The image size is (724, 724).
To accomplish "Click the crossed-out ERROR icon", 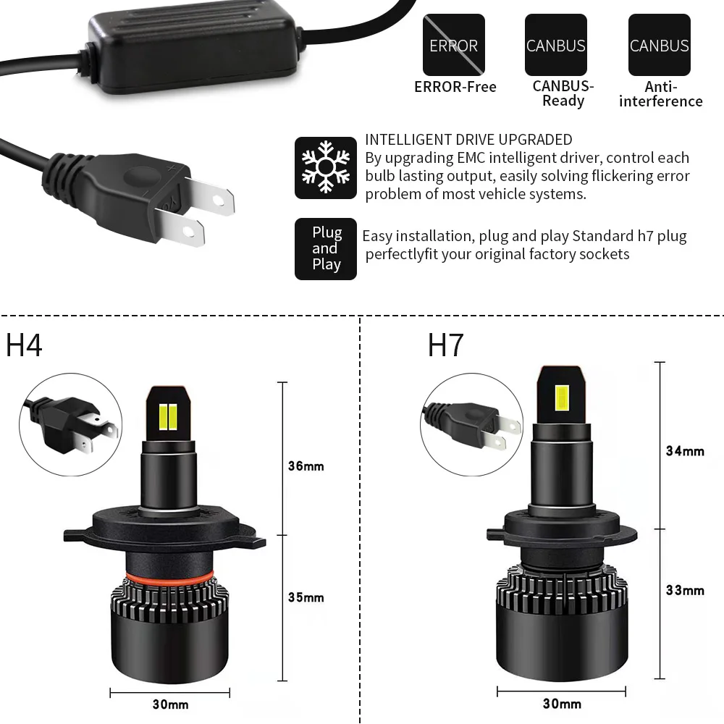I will tap(454, 45).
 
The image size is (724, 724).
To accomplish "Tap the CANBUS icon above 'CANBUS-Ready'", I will tap(555, 45).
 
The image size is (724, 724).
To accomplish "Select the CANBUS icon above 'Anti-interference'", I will tap(659, 45).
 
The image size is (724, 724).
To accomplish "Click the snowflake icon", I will tap(326, 167).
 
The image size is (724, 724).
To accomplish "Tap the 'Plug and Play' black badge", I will tap(326, 248).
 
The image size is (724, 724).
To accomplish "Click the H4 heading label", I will tap(25, 345).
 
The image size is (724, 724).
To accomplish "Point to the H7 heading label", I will tap(445, 345).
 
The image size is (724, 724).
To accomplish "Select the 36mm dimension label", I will tap(306, 466).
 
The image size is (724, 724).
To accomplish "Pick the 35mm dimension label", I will tap(306, 597).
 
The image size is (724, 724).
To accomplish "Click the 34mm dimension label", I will tap(685, 451).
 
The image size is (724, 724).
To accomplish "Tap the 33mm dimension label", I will tap(685, 590).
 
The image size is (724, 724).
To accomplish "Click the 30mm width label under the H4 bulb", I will tap(171, 704).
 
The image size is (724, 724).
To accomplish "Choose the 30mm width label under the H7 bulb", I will tap(562, 704).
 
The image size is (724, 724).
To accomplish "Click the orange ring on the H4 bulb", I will tap(171, 576).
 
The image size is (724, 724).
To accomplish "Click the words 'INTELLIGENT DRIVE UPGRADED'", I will tap(468, 140).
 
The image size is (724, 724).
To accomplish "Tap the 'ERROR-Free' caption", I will tap(455, 87).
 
